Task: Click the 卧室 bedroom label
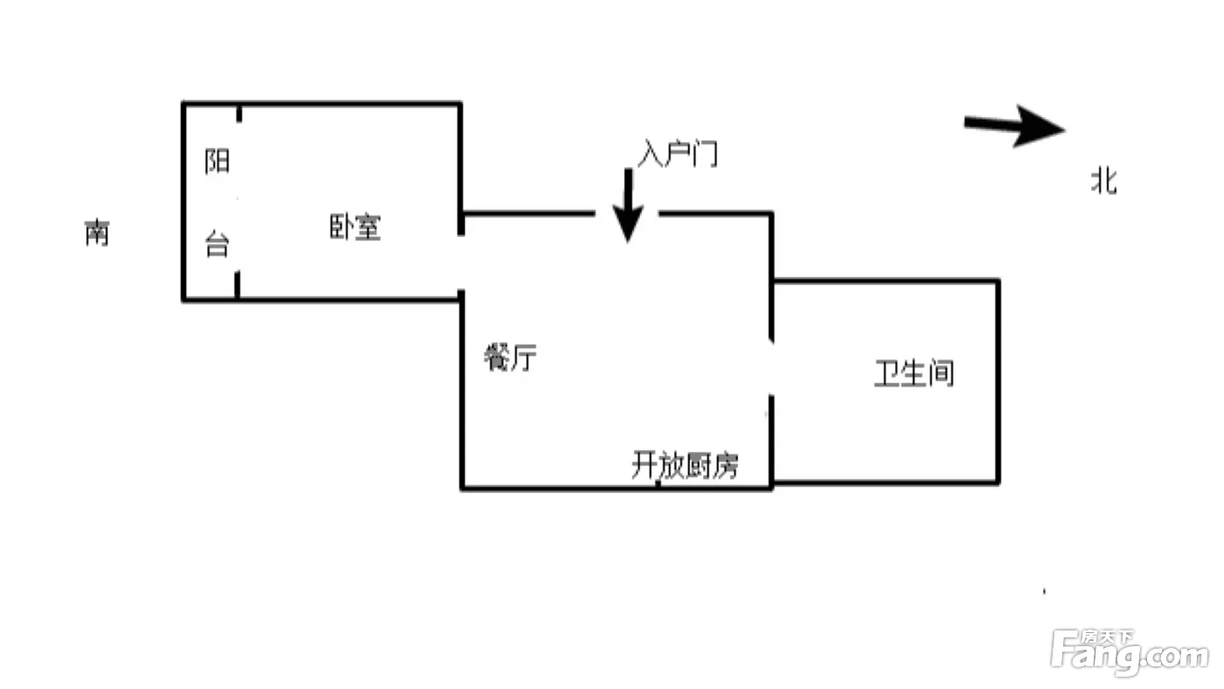[355, 226]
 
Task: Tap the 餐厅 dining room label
[511, 358]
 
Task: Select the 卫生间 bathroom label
[915, 373]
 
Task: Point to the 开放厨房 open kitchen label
[685, 465]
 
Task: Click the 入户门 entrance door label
[678, 154]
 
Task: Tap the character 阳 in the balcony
[217, 161]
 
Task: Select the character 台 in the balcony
[217, 244]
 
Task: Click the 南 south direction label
[97, 233]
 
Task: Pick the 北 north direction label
[1103, 181]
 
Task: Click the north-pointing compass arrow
[1014, 127]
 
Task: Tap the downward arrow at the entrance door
[628, 205]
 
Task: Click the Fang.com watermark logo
[1130, 652]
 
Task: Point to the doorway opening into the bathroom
[771, 368]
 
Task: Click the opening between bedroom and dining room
[462, 263]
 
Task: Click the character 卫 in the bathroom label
[887, 373]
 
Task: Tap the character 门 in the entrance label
[706, 154]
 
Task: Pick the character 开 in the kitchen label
[644, 465]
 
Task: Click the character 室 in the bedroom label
[369, 226]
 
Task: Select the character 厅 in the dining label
[524, 358]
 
